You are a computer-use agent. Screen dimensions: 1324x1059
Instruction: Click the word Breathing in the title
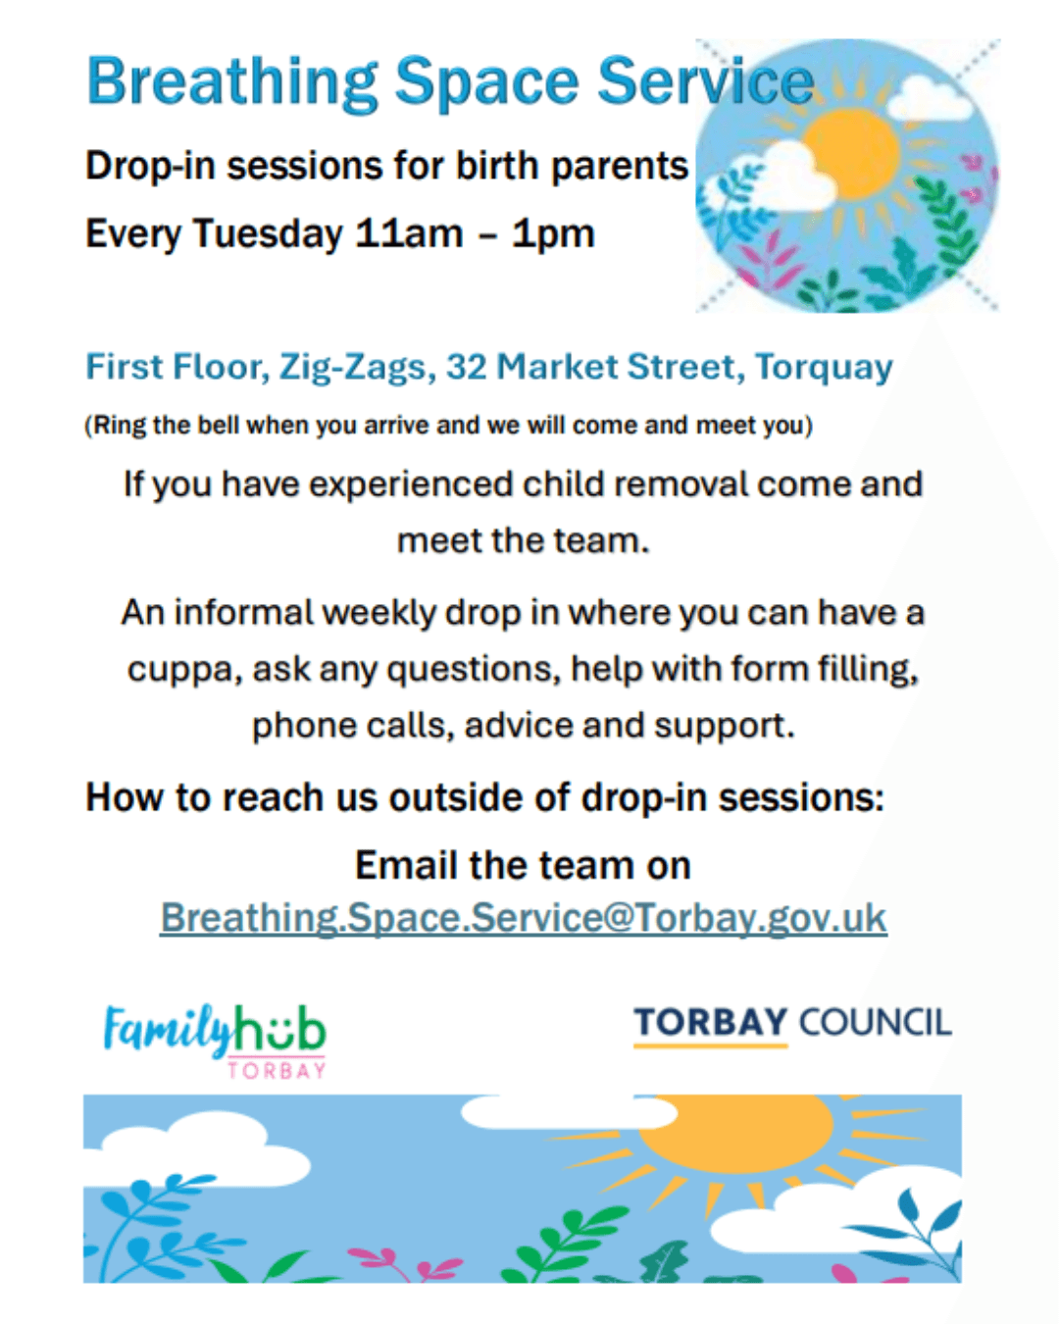(x=232, y=82)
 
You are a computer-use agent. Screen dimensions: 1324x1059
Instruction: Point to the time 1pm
(x=553, y=234)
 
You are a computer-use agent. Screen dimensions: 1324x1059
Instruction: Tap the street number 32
(x=467, y=367)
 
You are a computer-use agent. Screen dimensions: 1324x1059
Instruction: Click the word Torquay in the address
(x=824, y=368)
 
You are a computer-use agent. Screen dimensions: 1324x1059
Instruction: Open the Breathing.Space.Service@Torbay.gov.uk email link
(x=523, y=918)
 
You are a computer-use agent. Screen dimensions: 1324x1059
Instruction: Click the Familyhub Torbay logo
(x=215, y=1038)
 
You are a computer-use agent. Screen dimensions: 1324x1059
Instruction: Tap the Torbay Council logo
(x=792, y=1023)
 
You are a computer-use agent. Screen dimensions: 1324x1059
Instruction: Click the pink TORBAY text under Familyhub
(x=277, y=1070)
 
